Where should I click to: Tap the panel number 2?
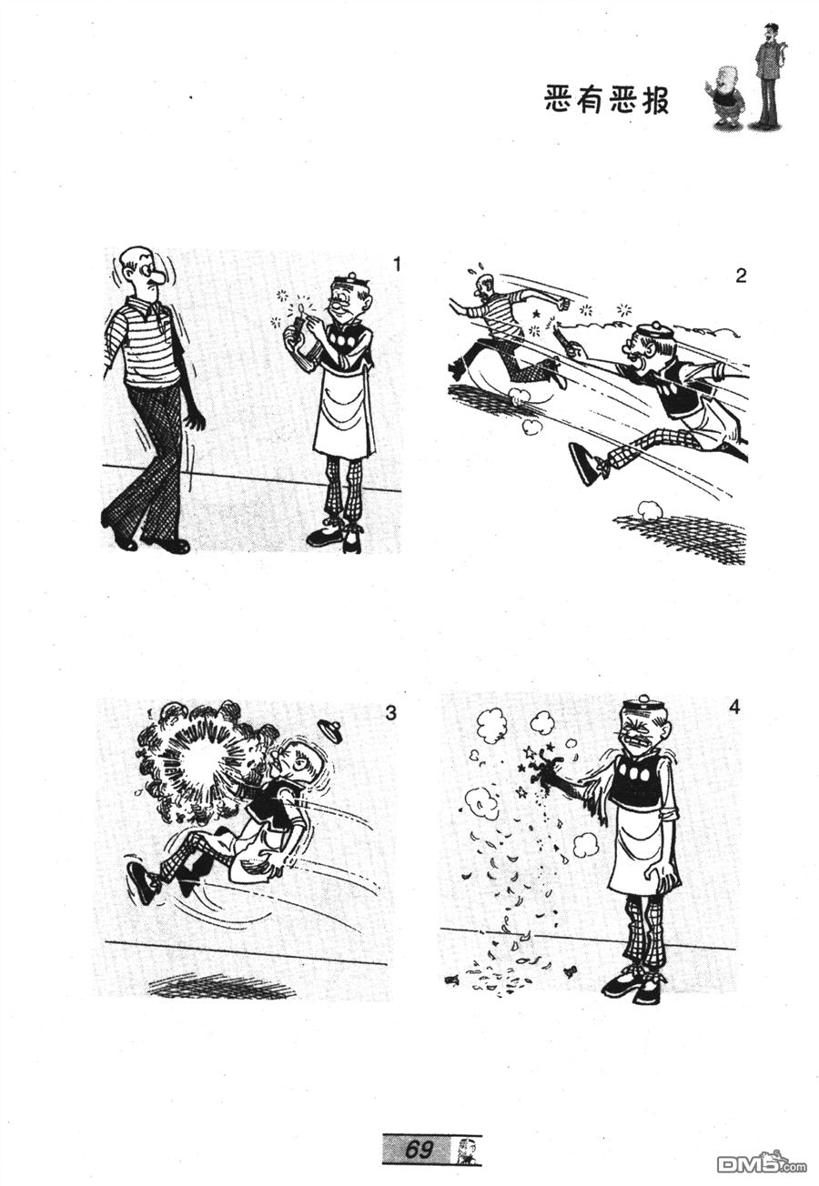point(741,276)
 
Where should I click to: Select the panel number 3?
point(390,713)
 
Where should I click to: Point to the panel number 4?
point(733,707)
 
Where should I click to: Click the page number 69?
point(418,1146)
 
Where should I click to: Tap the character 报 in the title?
point(654,100)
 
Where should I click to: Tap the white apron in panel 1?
point(344,407)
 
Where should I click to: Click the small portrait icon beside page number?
point(466,1147)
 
